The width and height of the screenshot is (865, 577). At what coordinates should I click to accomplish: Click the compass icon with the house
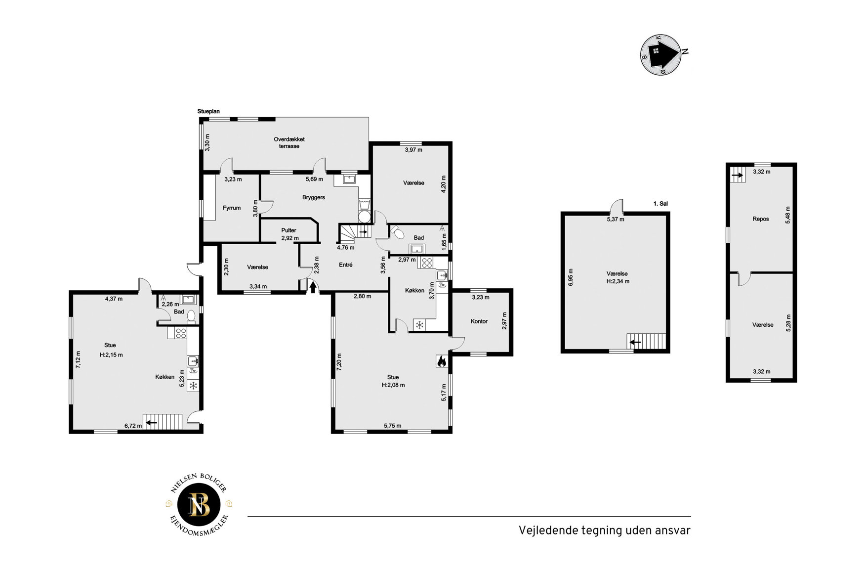[x=661, y=54]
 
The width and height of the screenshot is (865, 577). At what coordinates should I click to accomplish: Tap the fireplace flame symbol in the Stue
[x=441, y=361]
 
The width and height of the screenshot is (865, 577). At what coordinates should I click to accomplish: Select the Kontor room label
[x=479, y=321]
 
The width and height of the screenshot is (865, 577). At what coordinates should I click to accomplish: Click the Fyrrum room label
[x=232, y=208]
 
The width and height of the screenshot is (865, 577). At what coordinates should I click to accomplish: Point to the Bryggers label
[x=314, y=197]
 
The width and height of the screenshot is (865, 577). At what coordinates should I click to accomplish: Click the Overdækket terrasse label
[x=289, y=143]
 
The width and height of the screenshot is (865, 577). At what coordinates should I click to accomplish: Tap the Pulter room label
[x=289, y=230]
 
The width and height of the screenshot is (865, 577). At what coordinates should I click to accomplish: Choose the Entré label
[x=346, y=265]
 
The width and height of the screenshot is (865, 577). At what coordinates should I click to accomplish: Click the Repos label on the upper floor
[x=761, y=219]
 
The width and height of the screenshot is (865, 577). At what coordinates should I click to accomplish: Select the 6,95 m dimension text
[x=571, y=277]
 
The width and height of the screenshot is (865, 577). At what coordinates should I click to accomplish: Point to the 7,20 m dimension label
[x=339, y=362]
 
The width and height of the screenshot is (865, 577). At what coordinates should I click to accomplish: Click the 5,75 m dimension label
[x=393, y=426]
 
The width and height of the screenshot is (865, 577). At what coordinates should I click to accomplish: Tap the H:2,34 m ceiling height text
[x=618, y=281]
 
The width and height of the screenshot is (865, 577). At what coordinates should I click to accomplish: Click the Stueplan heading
[x=208, y=112]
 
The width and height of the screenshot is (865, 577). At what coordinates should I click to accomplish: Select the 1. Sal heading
[x=660, y=204]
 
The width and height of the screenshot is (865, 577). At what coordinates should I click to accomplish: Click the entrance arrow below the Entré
[x=313, y=287]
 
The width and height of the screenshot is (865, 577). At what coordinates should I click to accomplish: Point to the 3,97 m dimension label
[x=413, y=150]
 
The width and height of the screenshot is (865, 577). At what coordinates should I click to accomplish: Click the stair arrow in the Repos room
[x=738, y=175]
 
